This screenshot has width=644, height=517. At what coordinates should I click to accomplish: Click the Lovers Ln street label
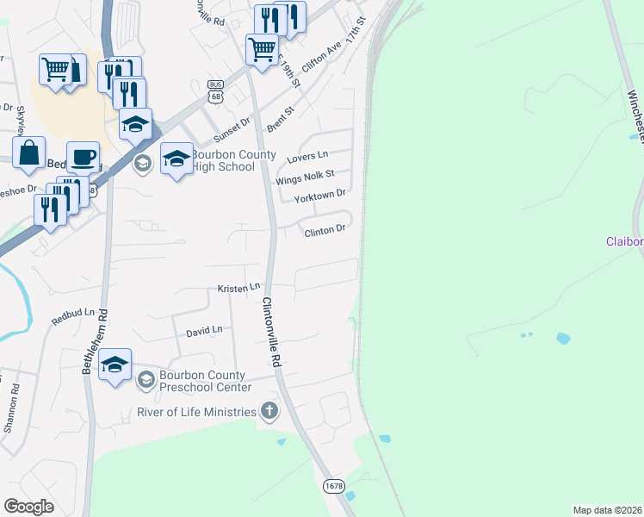pyautogui.click(x=308, y=155)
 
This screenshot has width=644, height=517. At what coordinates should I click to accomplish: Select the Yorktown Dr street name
pyautogui.click(x=319, y=197)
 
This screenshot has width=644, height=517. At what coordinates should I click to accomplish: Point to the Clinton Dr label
pyautogui.click(x=323, y=229)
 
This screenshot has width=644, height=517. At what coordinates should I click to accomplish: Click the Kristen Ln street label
pyautogui.click(x=238, y=286)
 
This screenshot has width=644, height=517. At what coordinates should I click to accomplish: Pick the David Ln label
pyautogui.click(x=204, y=330)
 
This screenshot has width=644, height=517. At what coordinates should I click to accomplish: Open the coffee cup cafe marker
pyautogui.click(x=83, y=157)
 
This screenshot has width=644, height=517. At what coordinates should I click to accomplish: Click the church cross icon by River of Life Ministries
pyautogui.click(x=269, y=410)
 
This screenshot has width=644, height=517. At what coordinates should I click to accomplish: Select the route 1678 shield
pyautogui.click(x=334, y=487)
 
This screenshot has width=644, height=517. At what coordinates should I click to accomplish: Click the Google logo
pyautogui.click(x=28, y=506)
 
